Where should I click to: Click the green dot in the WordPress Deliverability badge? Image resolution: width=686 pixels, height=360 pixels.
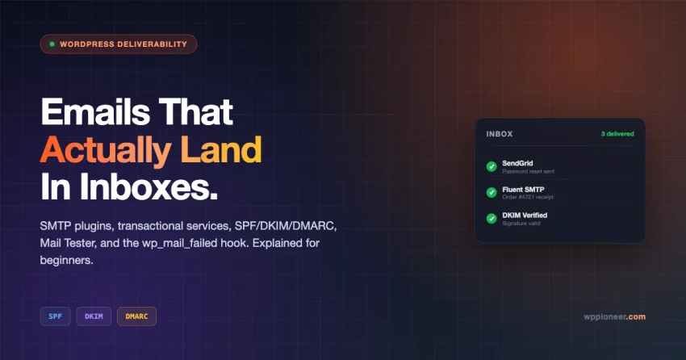[52, 44]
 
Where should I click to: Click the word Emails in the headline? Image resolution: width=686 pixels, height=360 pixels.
[95, 111]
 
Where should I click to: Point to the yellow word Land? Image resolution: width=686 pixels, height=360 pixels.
[221, 149]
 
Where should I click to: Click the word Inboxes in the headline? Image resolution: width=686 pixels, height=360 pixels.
[148, 186]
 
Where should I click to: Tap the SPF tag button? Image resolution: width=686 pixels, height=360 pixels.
[55, 316]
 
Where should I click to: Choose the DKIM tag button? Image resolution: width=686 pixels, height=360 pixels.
[94, 316]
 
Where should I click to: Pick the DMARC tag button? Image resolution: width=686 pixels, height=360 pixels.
[136, 316]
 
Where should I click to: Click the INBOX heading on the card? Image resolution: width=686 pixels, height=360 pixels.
[500, 134]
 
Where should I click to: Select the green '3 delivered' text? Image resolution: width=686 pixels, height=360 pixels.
[617, 134]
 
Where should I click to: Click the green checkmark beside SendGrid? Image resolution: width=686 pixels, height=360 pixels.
[491, 166]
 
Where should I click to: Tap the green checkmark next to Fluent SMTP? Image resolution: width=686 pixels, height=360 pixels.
[491, 192]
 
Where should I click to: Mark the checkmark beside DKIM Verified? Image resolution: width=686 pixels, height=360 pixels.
[491, 218]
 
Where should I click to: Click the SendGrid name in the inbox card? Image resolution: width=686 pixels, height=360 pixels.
[517, 163]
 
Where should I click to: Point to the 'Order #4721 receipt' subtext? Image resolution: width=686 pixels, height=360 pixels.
[528, 197]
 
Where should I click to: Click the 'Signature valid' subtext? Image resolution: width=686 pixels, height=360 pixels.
[521, 224]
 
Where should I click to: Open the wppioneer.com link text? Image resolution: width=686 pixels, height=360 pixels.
[614, 316]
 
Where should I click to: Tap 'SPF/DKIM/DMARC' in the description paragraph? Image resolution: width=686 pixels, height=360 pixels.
[285, 226]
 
